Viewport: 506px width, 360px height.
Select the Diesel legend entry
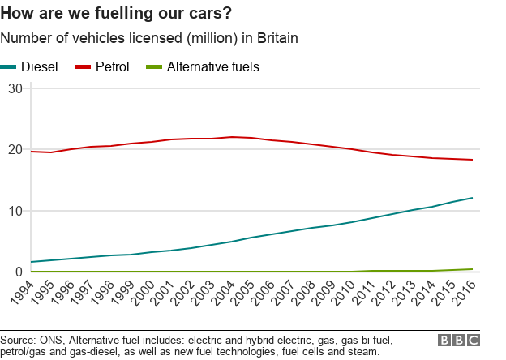point(30,66)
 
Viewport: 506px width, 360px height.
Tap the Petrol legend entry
point(103,66)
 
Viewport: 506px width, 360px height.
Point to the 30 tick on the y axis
point(14,88)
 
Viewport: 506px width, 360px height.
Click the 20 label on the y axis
point(14,149)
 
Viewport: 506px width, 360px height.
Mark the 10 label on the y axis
point(14,211)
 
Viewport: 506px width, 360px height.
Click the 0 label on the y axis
point(18,272)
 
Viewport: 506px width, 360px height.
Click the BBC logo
point(458,341)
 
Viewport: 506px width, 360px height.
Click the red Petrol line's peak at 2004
point(233,137)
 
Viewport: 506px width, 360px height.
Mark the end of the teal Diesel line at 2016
point(473,198)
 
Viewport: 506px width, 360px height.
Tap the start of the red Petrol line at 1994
point(32,152)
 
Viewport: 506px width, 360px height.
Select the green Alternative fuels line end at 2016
point(473,269)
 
